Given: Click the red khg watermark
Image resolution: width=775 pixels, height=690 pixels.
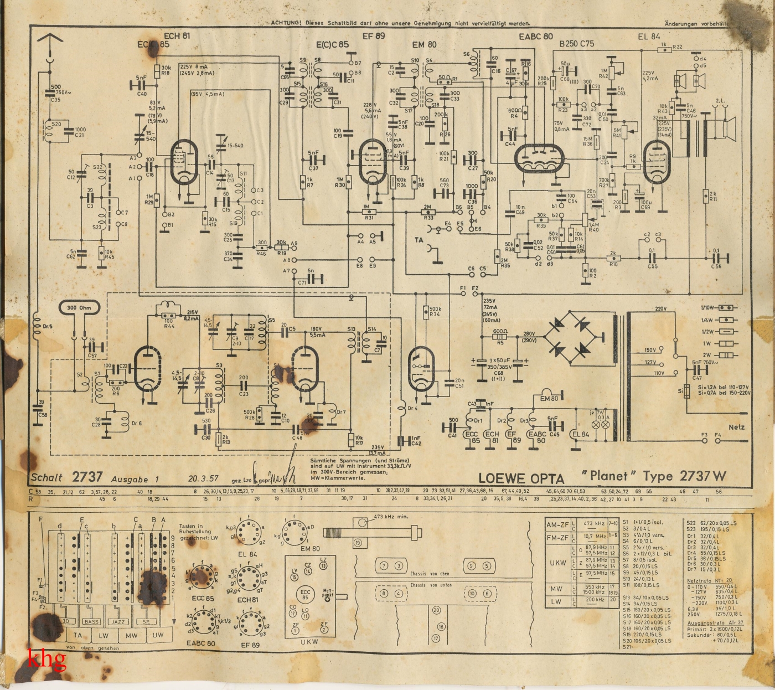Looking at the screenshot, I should tap(47, 659).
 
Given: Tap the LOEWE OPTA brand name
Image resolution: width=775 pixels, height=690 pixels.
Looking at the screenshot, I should tap(521, 478).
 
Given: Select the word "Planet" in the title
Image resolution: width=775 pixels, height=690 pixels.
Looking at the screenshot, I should tap(608, 475).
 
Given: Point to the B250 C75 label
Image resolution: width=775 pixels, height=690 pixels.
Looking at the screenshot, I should tap(576, 44).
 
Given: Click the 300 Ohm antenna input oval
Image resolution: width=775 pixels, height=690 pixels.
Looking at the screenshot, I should tap(79, 308).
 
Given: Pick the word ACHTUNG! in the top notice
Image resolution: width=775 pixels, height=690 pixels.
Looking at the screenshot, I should tap(286, 23).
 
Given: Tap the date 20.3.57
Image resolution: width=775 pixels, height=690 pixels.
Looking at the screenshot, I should tap(204, 478).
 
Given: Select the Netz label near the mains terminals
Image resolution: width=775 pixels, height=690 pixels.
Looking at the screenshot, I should tap(736, 427).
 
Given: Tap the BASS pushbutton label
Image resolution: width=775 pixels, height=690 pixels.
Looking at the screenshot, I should tap(92, 622).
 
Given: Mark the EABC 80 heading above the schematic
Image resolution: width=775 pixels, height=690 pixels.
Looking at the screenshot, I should tap(535, 37).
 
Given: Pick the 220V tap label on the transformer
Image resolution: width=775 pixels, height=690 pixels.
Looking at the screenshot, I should tap(661, 308).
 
